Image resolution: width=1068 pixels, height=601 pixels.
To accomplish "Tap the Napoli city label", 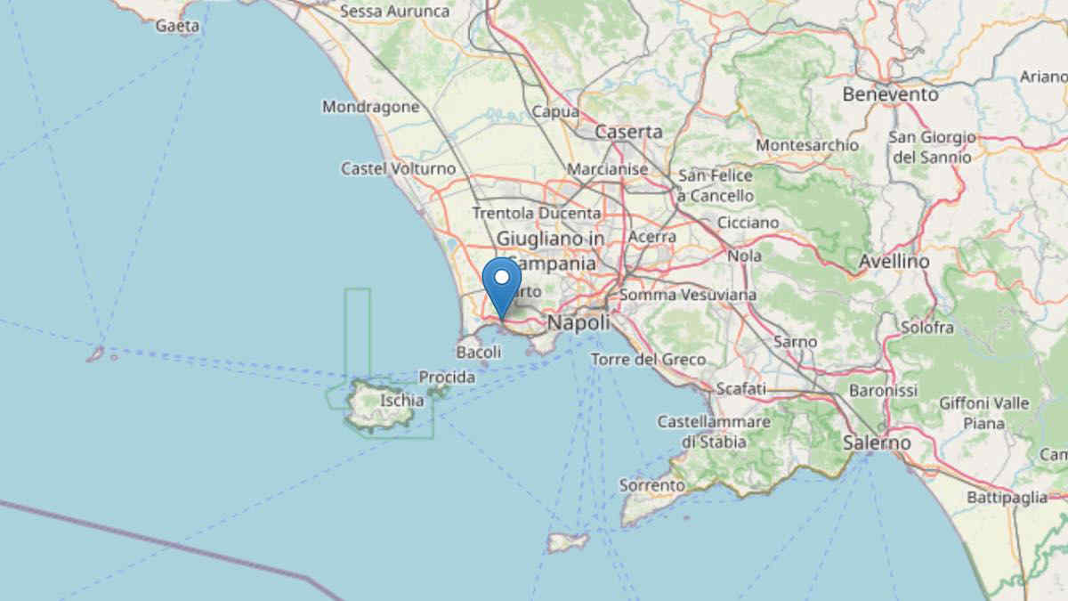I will coord(578,322).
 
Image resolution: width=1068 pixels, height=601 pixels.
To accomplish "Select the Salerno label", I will coord(878,443).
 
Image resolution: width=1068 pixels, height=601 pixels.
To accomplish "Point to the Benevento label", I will coord(890,93).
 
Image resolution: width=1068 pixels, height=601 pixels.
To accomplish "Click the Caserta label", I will coord(628,132).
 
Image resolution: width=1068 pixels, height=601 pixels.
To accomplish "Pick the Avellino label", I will coord(894,262).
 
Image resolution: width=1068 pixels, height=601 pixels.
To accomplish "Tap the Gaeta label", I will coord(177,26).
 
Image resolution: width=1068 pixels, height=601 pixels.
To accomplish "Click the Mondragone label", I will coord(370,107).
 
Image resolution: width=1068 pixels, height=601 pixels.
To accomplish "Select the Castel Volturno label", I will coord(398,168).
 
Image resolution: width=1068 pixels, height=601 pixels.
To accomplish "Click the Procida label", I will coord(447,378).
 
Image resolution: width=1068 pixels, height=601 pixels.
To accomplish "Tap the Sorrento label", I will coord(652,485).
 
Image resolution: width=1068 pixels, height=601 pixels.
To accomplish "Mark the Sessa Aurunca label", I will coord(394,12).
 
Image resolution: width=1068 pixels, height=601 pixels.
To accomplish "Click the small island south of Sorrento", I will coord(568,541).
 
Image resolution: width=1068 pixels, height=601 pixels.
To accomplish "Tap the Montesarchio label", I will coord(806,144).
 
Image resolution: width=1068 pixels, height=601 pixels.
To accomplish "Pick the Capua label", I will coord(555,112).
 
